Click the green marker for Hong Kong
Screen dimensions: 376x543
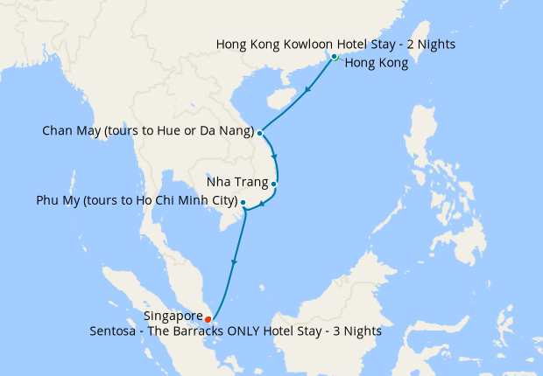coord(335,57)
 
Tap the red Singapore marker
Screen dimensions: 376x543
coord(208,318)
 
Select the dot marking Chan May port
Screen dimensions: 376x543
coord(260,133)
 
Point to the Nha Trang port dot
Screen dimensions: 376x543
coord(274,184)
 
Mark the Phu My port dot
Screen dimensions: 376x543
coord(243,203)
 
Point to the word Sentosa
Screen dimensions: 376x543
coord(115,331)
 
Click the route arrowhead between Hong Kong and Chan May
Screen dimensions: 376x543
coord(307,90)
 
